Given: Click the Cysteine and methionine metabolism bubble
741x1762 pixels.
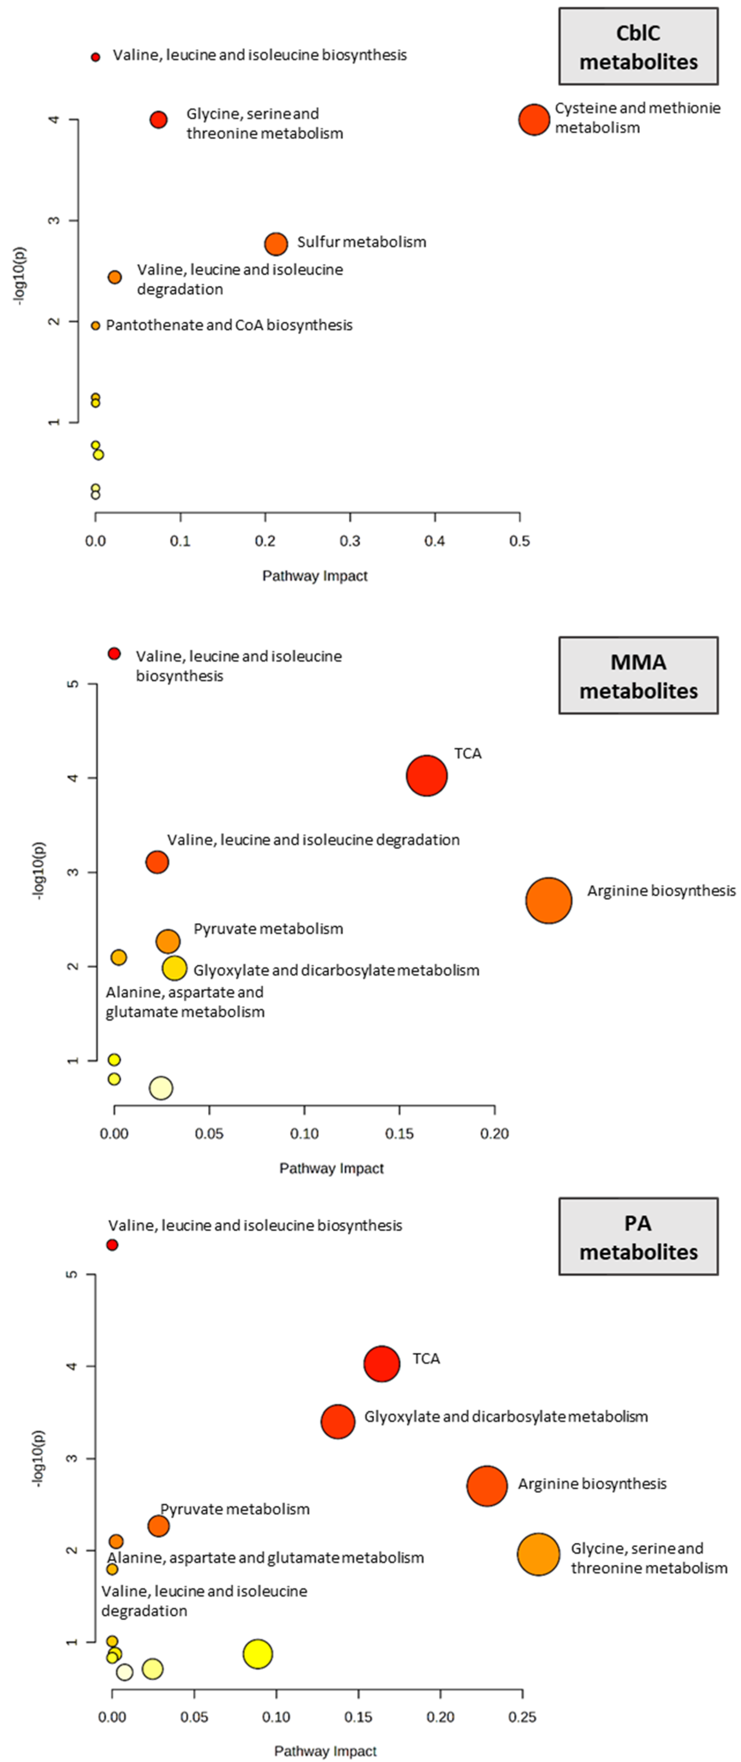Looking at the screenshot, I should pyautogui.click(x=534, y=120).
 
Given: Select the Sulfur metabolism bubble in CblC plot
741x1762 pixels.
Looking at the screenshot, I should pyautogui.click(x=275, y=243).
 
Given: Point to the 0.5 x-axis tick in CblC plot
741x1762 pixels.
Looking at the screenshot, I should pyautogui.click(x=520, y=541).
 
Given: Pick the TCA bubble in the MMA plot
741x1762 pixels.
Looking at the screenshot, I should pyautogui.click(x=427, y=776).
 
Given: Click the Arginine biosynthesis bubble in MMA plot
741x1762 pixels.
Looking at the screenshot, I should pyautogui.click(x=548, y=900).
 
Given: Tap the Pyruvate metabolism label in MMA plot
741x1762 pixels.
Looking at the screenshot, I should pyautogui.click(x=268, y=929).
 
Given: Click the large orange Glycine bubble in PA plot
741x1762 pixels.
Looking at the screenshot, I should pyautogui.click(x=539, y=1554).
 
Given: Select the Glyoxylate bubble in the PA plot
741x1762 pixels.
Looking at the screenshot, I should pyautogui.click(x=338, y=1421).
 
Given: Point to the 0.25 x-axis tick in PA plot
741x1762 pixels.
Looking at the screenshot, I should pyautogui.click(x=522, y=1717).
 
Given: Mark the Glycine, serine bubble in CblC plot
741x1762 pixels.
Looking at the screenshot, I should pyautogui.click(x=159, y=120).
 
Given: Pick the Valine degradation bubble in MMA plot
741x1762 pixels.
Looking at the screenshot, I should pyautogui.click(x=157, y=862).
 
